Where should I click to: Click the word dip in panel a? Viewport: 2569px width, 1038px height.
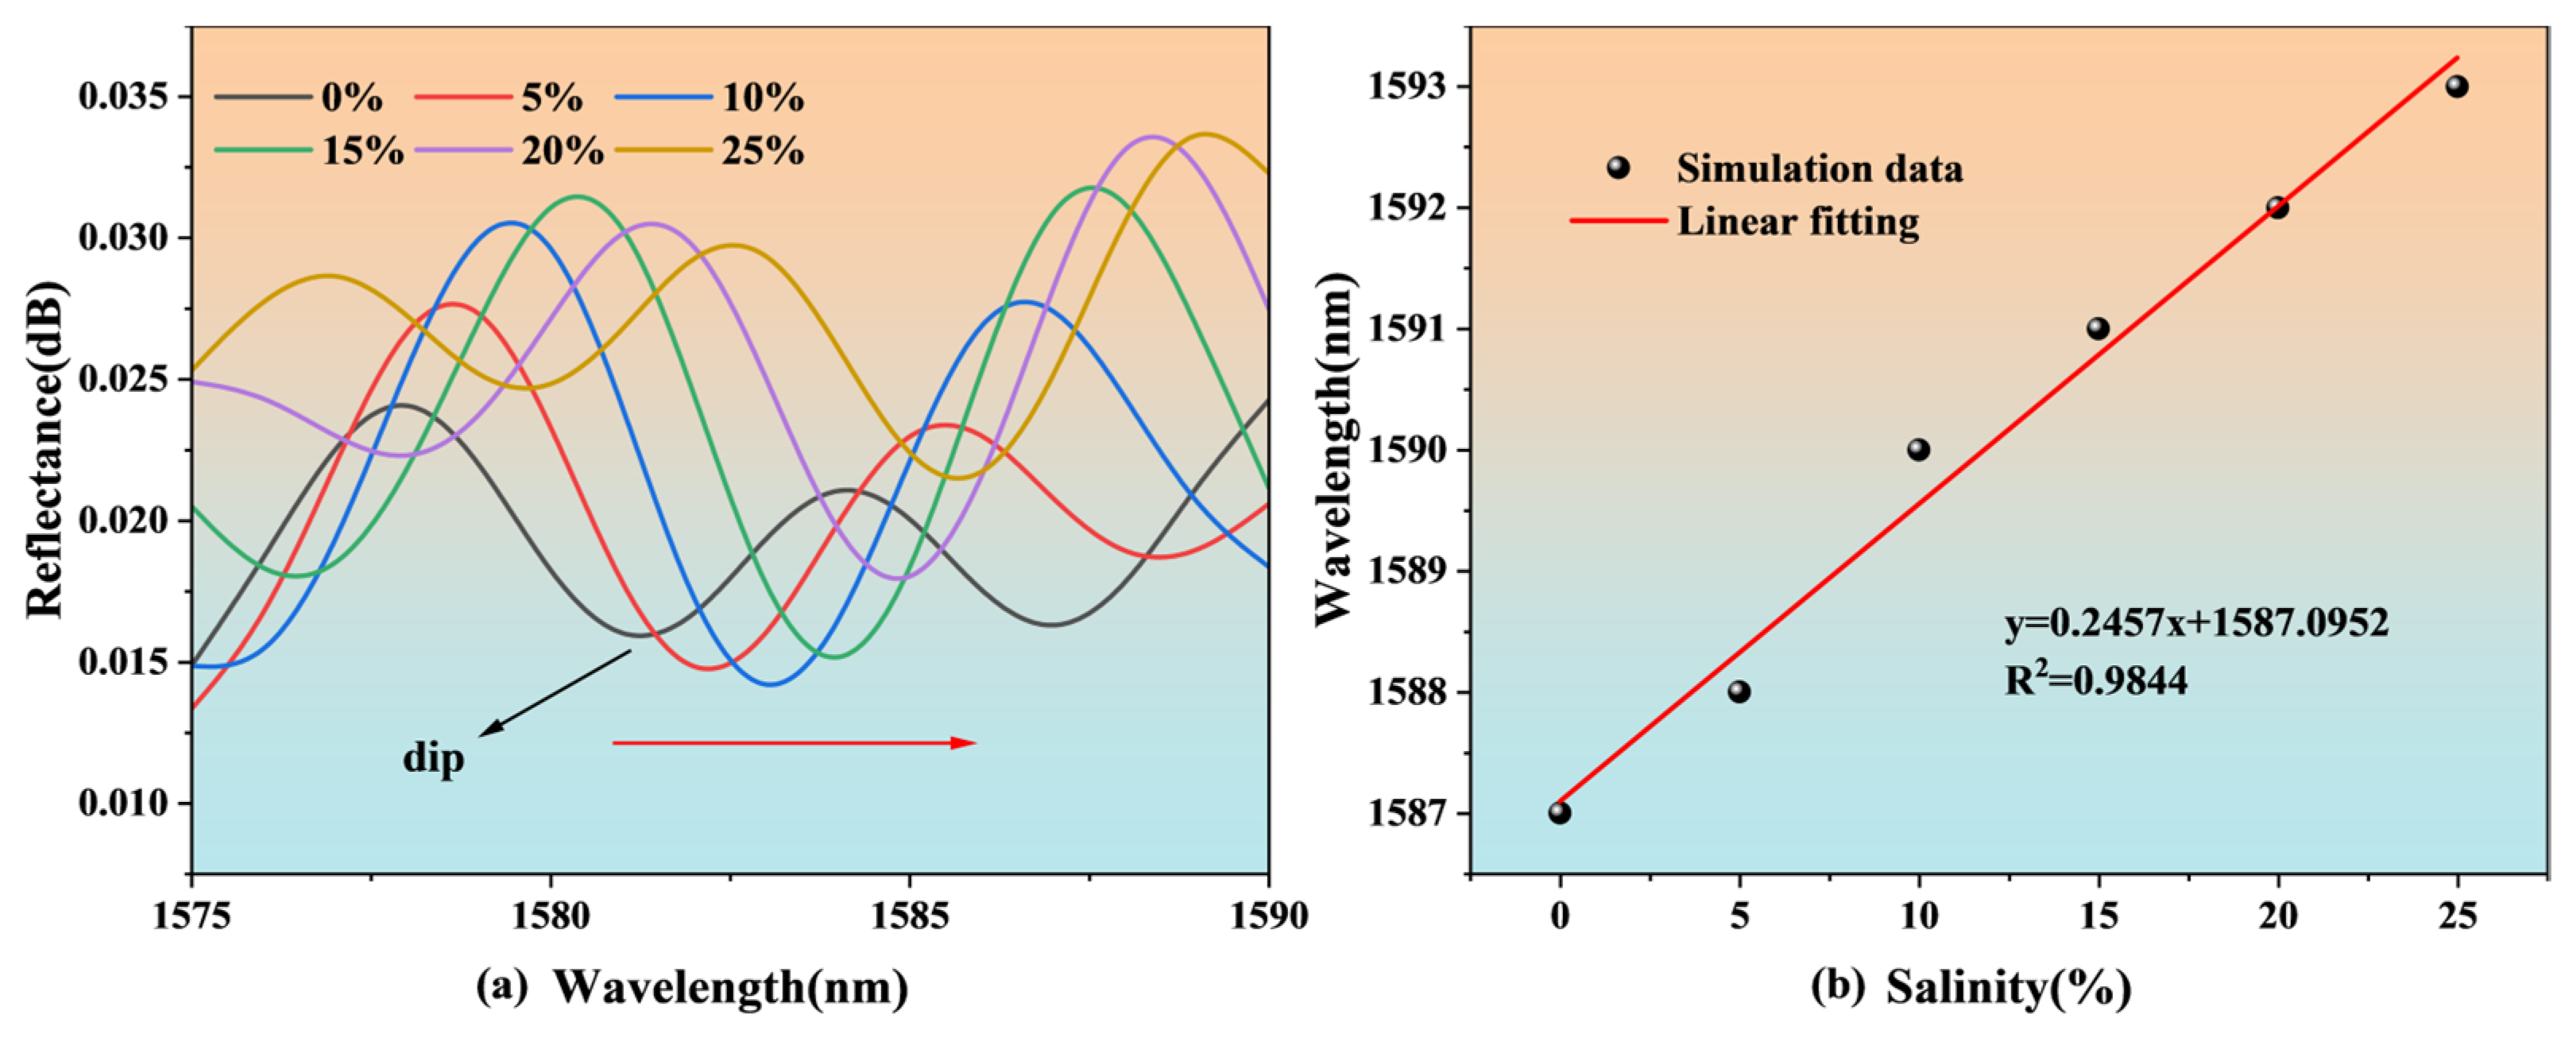coord(433,759)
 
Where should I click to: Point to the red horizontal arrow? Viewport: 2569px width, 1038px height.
coord(794,743)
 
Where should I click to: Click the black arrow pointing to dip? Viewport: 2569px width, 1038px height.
coord(555,694)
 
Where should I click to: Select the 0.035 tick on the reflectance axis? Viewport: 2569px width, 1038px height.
coord(122,98)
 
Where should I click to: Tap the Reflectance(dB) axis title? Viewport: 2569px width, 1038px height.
coord(44,450)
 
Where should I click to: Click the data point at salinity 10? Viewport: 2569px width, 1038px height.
coord(1917,450)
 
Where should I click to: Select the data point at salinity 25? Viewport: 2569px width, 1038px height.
coord(2456,87)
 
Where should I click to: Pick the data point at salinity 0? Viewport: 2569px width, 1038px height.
coord(1560,812)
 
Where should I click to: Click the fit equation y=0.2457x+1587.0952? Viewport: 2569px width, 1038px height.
coord(2196,623)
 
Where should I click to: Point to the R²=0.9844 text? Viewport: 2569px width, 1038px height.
coord(2096,681)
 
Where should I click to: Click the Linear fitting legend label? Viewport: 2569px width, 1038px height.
coord(1797,222)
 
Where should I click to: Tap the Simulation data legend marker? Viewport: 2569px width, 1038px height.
coord(1618,168)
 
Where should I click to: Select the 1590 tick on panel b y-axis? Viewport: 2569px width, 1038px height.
coord(1409,450)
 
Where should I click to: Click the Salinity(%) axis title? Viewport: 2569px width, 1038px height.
coord(2007,987)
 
